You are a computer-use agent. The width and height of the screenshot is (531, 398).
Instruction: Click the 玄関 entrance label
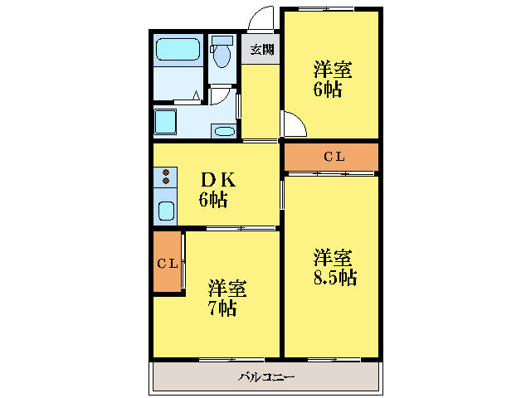[x=262, y=49]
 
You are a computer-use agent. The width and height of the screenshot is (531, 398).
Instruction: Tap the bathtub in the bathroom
[x=178, y=50]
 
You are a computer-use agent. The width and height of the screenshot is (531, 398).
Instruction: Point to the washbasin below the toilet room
[x=222, y=129]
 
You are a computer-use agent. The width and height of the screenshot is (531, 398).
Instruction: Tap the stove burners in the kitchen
[x=165, y=176]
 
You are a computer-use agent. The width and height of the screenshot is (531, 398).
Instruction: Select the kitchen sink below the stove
[x=166, y=209]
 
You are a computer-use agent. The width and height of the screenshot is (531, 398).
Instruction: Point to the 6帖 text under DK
[x=213, y=199]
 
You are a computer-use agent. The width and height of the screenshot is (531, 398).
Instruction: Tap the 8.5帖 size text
[x=334, y=277]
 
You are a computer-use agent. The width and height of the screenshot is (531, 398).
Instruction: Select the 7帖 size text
[x=222, y=308]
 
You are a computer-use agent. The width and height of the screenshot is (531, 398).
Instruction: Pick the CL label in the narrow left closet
[x=167, y=264]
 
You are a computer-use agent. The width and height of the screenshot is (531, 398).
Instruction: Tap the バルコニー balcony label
[x=266, y=377]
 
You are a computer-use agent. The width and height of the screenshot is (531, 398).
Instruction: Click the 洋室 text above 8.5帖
[x=334, y=257]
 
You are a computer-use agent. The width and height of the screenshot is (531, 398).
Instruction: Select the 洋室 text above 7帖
[x=227, y=289]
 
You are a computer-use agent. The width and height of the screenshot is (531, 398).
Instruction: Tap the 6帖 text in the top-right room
[x=327, y=90]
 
